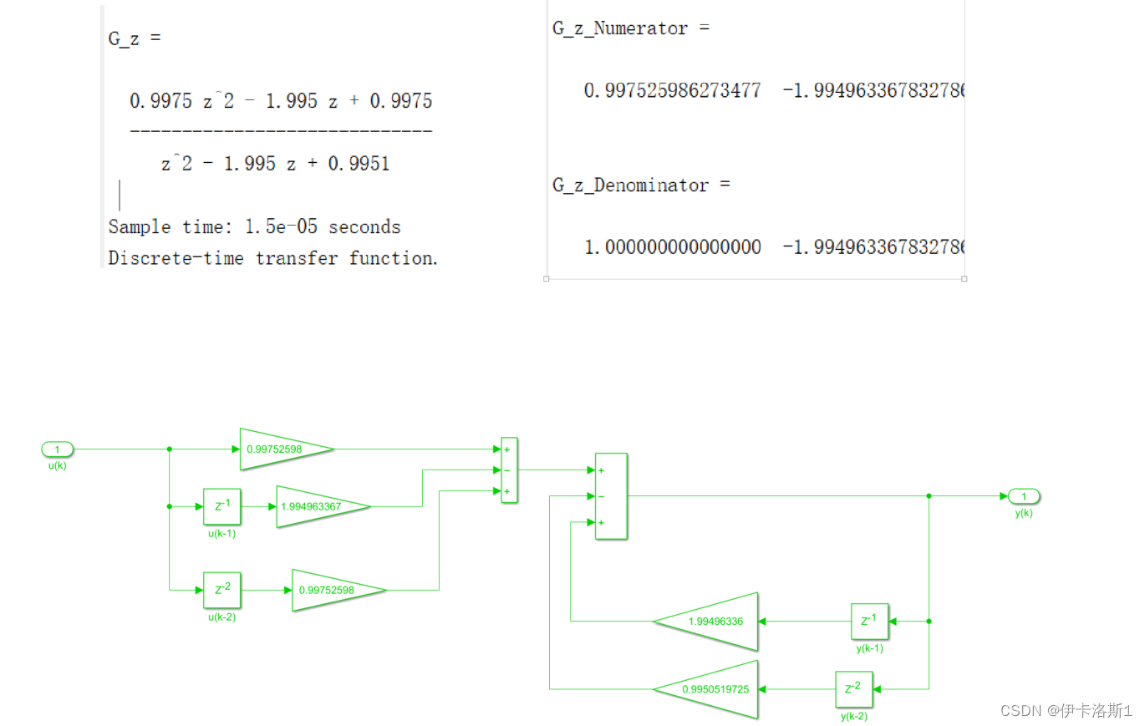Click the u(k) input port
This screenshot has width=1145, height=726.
(x=57, y=449)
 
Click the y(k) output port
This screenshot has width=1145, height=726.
(x=1024, y=496)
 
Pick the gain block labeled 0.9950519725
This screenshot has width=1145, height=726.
(x=710, y=689)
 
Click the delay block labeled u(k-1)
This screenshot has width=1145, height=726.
(x=221, y=506)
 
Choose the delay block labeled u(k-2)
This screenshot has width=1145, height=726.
(x=221, y=590)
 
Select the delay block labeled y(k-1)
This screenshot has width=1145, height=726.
(x=869, y=622)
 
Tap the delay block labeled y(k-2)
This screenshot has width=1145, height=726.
(x=853, y=689)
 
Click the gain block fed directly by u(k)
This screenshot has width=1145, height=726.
(x=282, y=449)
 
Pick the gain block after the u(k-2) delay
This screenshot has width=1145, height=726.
(x=335, y=590)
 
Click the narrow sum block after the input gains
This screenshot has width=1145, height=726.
(x=508, y=470)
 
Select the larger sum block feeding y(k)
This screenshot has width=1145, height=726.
(x=610, y=496)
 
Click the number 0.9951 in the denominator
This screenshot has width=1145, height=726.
(x=359, y=164)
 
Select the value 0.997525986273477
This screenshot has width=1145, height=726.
(x=672, y=89)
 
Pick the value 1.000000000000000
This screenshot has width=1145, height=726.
(x=672, y=247)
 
